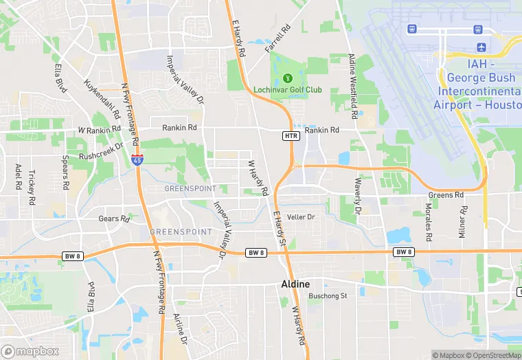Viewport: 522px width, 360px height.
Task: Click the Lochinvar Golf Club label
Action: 288,90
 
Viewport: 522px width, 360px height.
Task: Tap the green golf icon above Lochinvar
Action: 288,78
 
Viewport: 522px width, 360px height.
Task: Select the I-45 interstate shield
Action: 138,160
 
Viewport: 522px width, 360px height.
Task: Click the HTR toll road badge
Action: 291,136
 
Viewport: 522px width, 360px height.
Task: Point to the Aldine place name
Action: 296,284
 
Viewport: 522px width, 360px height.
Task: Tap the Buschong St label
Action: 328,296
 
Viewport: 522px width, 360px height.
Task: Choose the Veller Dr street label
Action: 300,217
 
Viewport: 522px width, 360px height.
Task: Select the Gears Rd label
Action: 113,218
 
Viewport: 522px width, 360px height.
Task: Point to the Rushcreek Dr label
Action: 101,150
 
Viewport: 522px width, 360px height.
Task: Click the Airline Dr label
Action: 180,328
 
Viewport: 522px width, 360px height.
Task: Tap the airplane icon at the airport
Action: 481,47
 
